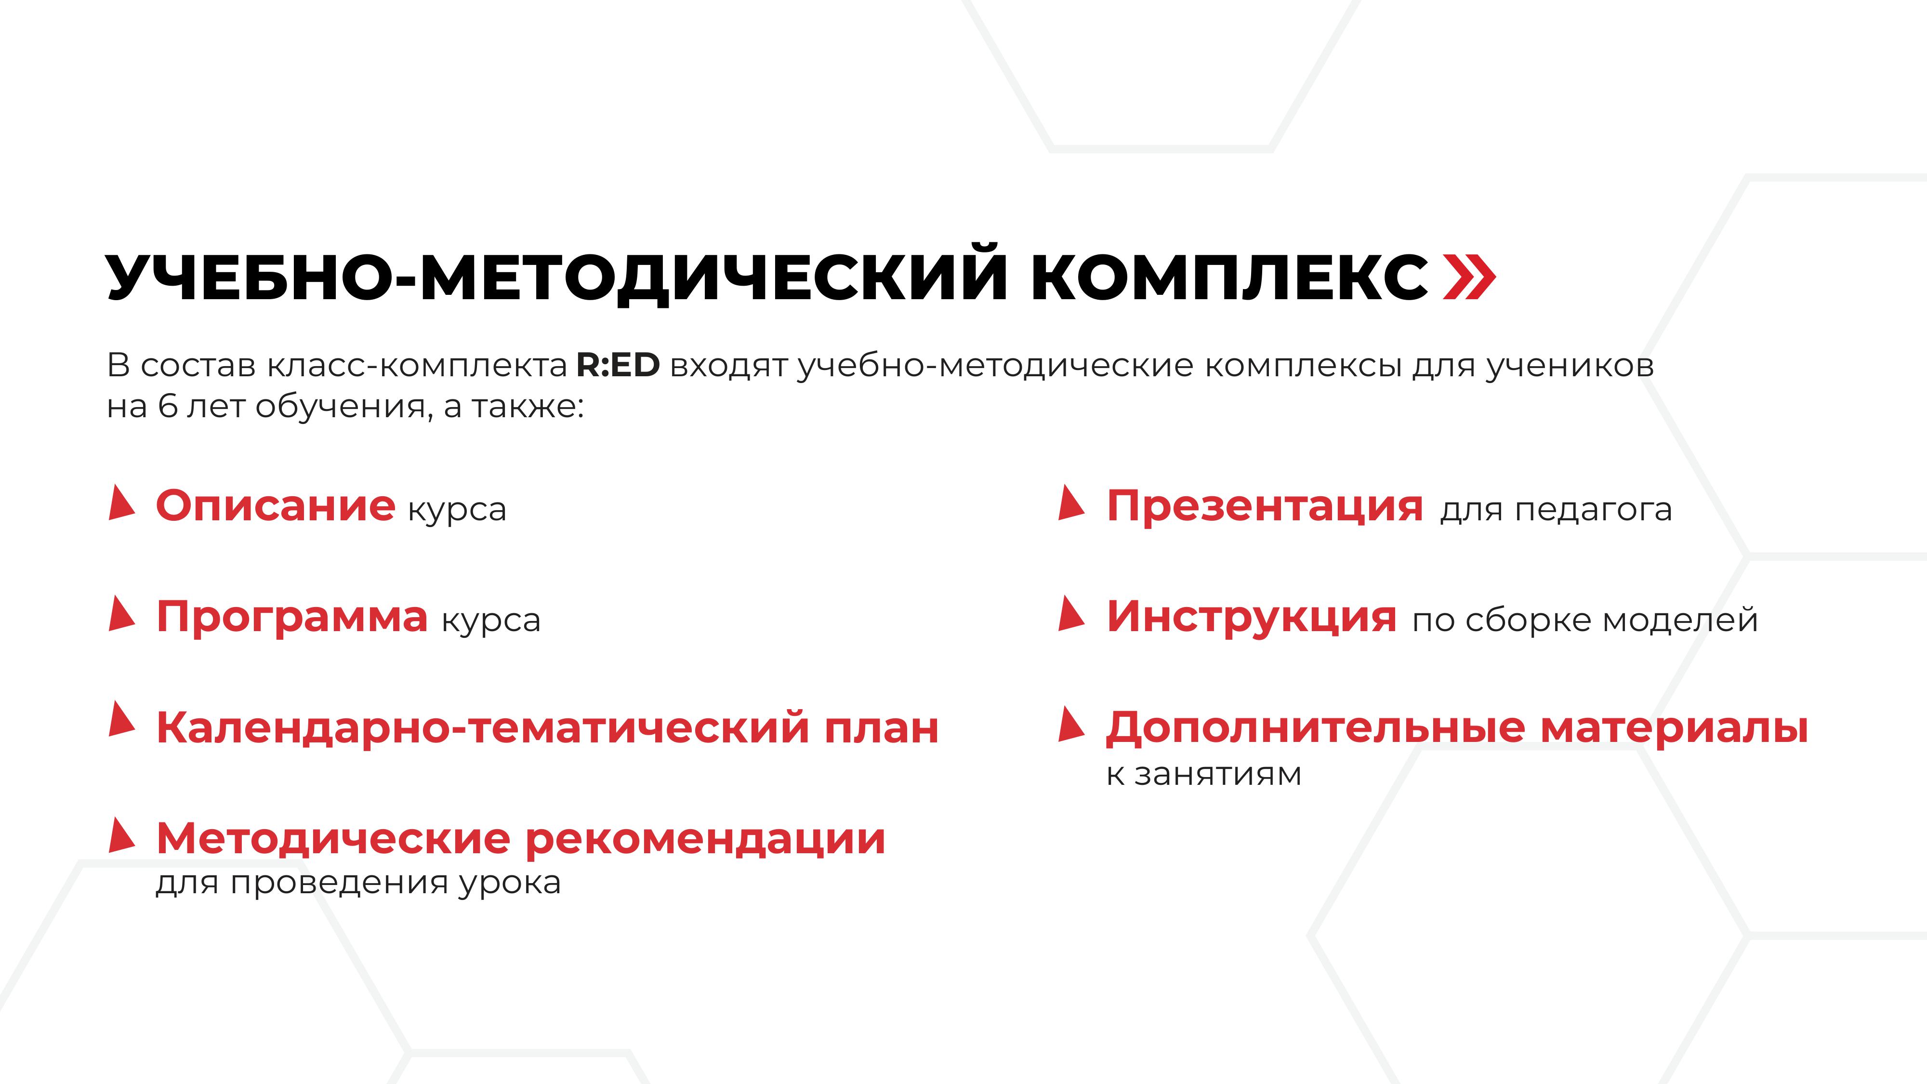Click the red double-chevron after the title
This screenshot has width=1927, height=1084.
pos(1468,278)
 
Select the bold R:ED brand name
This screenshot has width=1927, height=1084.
pos(618,365)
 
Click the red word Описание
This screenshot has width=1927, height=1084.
pos(275,506)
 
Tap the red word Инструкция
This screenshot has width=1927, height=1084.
pos(1251,618)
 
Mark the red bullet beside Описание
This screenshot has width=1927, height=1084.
pos(121,502)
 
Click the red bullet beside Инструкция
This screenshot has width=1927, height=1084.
pos(1071,613)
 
